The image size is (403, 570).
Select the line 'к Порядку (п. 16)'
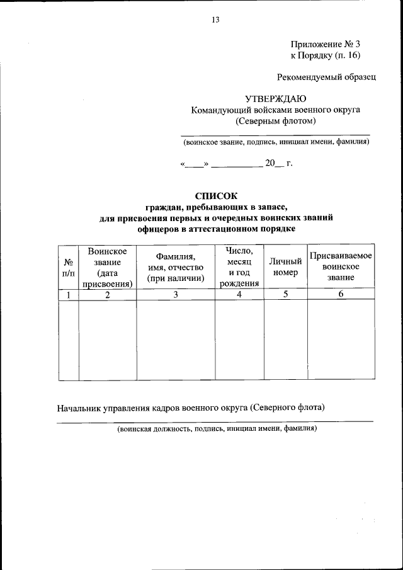[x=325, y=56]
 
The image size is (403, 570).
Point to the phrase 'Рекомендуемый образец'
[x=326, y=77]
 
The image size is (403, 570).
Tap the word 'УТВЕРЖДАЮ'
[x=275, y=98]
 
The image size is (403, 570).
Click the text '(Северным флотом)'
[x=275, y=121]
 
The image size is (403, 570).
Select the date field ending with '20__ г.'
[x=236, y=163]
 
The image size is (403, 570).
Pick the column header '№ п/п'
[x=68, y=267]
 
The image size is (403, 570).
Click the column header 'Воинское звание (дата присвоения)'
[x=108, y=267]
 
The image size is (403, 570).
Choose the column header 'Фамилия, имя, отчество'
[x=176, y=267]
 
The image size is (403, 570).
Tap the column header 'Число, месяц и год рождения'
[x=239, y=267]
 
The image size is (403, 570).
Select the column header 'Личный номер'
[x=285, y=267]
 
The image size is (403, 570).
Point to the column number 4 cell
[x=239, y=295]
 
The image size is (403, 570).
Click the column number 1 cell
[x=68, y=295]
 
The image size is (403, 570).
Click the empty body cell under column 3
[x=176, y=340]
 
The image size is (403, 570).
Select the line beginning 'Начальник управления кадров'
[x=191, y=408]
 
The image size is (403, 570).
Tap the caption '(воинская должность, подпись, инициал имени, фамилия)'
[x=217, y=428]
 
